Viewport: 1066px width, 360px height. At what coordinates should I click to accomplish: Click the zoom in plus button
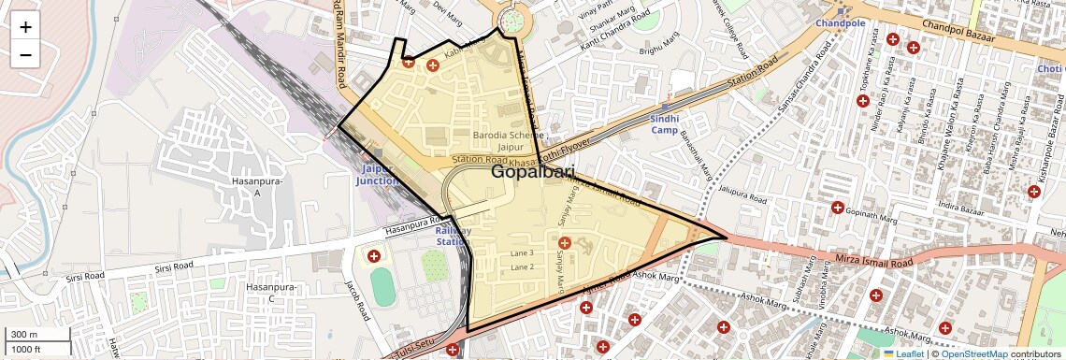click(x=25, y=27)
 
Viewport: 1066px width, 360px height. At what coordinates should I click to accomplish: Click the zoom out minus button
click(x=25, y=54)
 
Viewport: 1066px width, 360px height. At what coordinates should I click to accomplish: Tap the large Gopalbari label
click(x=532, y=172)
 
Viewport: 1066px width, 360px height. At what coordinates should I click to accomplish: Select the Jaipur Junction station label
click(x=378, y=174)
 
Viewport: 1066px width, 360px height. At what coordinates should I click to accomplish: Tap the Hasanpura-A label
click(x=251, y=186)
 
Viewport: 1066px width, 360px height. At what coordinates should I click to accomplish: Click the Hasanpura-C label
click(x=269, y=293)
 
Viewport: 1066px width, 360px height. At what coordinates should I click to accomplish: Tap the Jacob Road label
click(x=357, y=300)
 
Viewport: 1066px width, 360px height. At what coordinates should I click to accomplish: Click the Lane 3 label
click(x=522, y=253)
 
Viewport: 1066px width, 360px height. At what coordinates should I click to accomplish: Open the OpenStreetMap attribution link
click(x=973, y=354)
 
